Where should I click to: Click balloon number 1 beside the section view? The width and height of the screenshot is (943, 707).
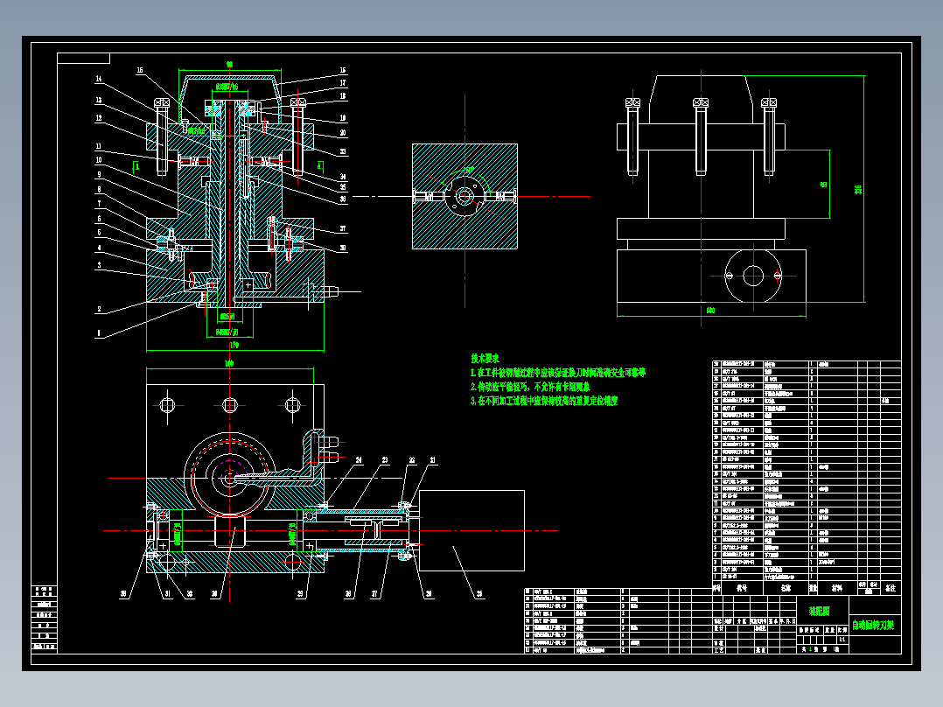[x=99, y=332]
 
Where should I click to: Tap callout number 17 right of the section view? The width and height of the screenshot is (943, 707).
[x=344, y=83]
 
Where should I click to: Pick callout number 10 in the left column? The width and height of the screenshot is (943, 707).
[x=99, y=161]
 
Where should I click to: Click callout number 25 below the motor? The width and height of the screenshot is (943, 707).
[x=478, y=595]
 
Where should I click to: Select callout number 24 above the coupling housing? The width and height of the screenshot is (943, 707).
[x=359, y=459]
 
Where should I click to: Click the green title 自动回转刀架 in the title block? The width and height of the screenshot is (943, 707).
[x=873, y=625]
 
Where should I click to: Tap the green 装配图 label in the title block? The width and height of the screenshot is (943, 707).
[x=819, y=612]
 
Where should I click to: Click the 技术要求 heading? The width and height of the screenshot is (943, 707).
[x=485, y=358]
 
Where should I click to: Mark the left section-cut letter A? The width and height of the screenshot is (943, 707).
[x=137, y=163]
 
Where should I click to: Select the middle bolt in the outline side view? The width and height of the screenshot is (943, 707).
[x=701, y=136]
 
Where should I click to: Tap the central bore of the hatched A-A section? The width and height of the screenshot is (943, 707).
[x=464, y=197]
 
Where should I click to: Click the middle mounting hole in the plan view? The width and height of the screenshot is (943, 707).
[x=229, y=404]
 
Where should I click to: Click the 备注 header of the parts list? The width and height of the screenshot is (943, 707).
[x=891, y=588]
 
